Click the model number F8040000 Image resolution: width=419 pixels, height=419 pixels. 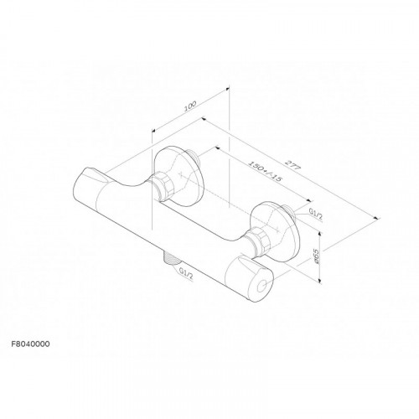[x=30, y=344]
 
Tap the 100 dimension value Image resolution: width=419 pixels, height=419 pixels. [x=190, y=106]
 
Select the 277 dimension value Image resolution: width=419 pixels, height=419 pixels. [x=292, y=165]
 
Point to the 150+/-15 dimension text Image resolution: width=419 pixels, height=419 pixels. [x=264, y=171]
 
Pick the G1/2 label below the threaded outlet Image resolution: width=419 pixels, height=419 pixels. [x=186, y=274]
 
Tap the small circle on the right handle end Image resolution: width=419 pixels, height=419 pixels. [x=262, y=287]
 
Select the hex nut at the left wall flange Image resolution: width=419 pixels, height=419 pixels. [x=163, y=187]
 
